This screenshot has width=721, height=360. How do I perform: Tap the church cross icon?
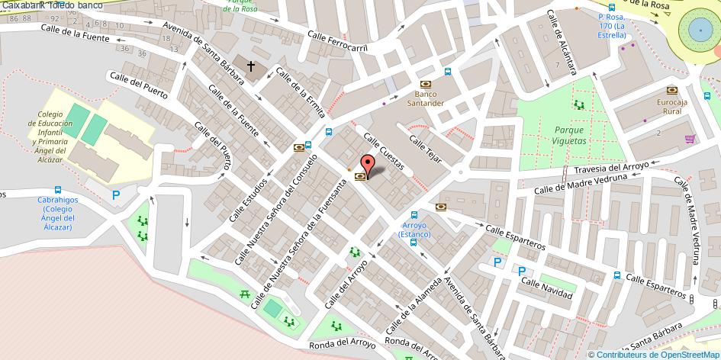250,66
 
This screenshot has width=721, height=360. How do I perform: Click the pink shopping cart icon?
690,139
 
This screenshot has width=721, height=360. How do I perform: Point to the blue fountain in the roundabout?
700,30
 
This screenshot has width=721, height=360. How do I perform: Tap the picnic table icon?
246,293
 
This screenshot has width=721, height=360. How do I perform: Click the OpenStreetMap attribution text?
655,354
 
